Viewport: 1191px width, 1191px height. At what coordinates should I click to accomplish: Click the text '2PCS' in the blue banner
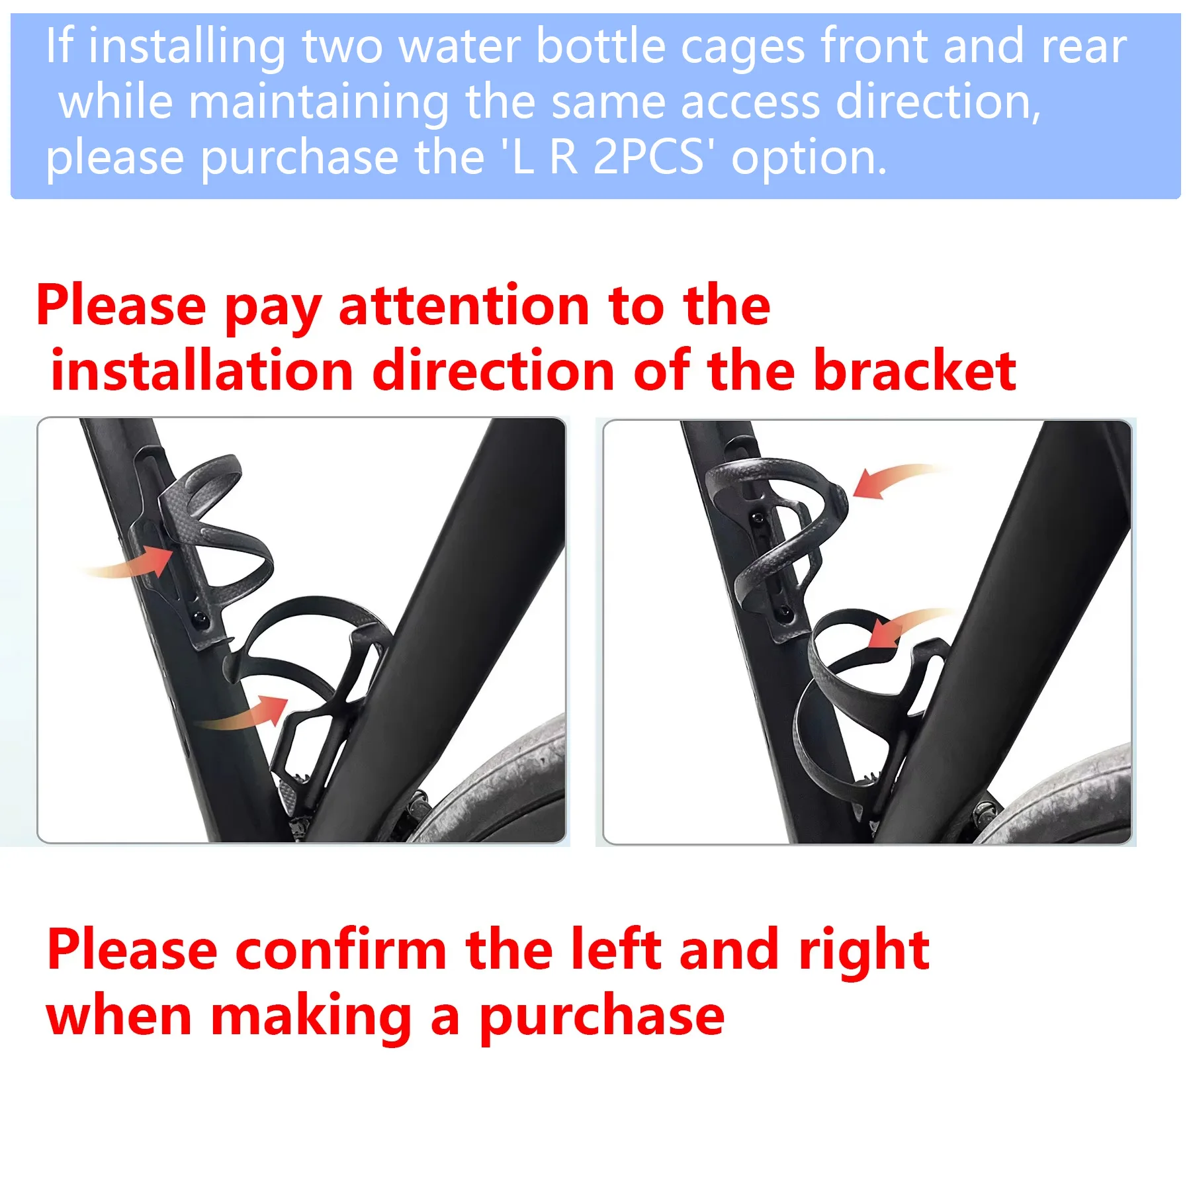pos(648,157)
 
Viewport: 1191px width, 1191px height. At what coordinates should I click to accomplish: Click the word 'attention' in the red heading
pos(464,306)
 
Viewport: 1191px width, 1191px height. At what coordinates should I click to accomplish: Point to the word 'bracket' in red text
pos(914,371)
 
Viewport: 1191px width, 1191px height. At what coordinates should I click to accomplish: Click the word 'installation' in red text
pos(202,371)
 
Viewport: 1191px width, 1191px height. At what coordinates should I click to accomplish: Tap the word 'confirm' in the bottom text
pos(341,950)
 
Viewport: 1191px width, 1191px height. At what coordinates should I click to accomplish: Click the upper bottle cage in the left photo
pos(218,529)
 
